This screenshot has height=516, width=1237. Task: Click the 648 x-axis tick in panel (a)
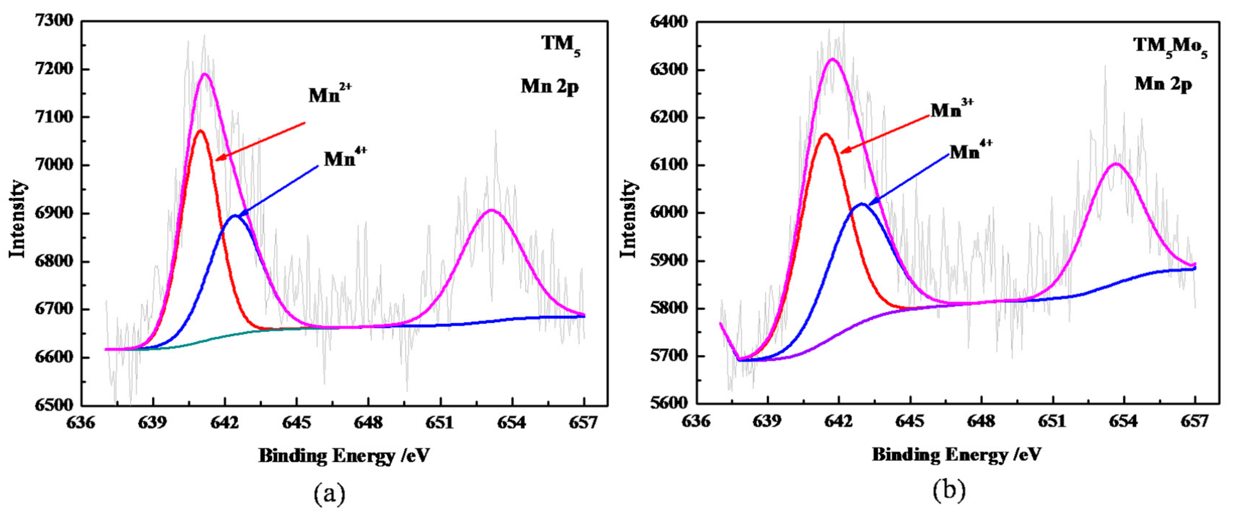point(368,423)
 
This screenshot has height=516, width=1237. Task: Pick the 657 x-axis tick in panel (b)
point(1195,421)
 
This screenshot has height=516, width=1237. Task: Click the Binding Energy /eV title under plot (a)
point(344,455)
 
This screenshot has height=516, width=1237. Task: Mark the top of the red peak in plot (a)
point(201,131)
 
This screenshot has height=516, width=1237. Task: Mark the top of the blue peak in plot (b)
point(862,204)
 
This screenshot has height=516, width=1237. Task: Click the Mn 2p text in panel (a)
point(549,87)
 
